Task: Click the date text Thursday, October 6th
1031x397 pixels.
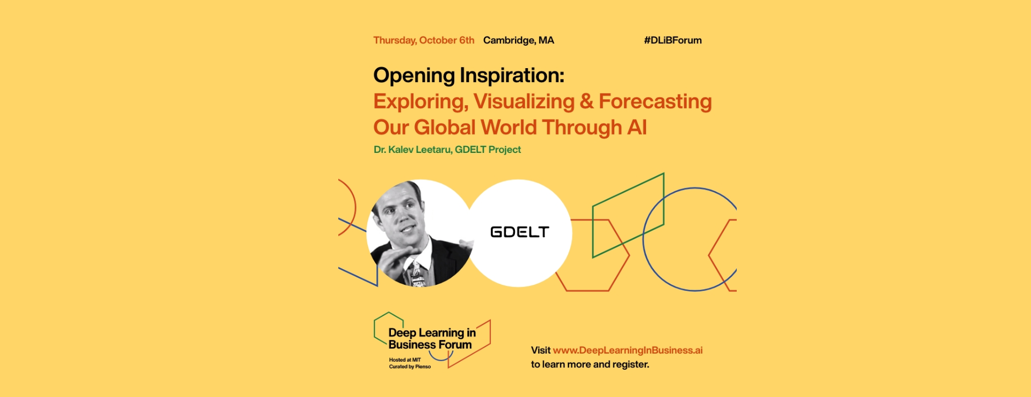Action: coord(424,40)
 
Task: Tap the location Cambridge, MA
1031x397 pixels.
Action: coord(518,40)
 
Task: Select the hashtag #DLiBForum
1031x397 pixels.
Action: coord(673,40)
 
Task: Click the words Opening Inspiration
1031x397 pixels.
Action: coord(468,76)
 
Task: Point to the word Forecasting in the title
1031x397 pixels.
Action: coord(655,101)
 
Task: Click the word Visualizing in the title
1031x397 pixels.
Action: coord(524,101)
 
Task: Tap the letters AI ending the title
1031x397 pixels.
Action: coord(637,127)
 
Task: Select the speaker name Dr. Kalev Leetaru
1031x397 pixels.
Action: coord(412,150)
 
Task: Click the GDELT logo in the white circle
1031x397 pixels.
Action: coord(519,232)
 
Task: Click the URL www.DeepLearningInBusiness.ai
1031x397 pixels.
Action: coord(628,350)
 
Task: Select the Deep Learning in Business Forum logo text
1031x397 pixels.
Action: coord(432,339)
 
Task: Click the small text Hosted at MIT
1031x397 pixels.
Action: coord(405,360)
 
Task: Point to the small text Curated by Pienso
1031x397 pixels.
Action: coord(410,367)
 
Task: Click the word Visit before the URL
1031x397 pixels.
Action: coord(541,350)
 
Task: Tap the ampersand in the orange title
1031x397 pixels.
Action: coord(587,101)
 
